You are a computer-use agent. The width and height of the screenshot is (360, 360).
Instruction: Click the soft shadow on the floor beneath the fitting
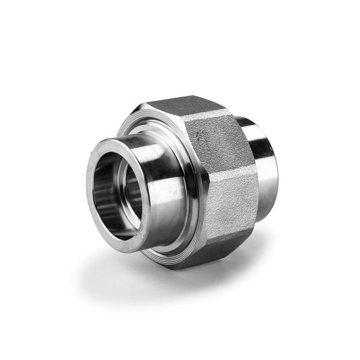132,270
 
